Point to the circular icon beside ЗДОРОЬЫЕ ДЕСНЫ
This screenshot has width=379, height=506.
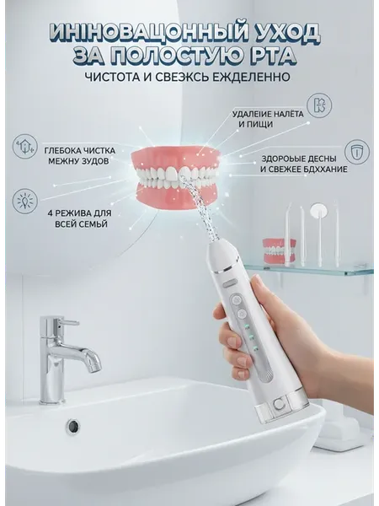357,152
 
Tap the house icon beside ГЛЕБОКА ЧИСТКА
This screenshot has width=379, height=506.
24,146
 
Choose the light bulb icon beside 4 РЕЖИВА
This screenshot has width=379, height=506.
24,201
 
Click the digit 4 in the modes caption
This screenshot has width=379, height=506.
50,213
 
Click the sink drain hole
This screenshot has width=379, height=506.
74,427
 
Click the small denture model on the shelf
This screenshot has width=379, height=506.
279,251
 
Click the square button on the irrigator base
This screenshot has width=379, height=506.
277,403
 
